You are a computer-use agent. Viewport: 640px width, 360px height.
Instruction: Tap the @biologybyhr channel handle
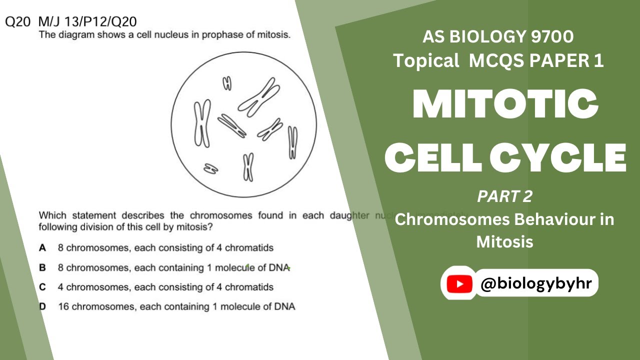[536, 283]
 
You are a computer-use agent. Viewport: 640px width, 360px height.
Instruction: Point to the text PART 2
[504, 196]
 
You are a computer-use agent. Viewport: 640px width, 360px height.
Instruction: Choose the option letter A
[42, 247]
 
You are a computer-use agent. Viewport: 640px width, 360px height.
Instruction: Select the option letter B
[42, 267]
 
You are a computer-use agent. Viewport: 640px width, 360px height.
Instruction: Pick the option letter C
[42, 287]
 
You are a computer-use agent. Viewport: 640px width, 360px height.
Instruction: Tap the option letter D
[42, 306]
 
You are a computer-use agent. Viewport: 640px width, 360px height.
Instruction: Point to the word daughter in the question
[349, 215]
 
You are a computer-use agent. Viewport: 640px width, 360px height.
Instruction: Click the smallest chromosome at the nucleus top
[227, 83]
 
